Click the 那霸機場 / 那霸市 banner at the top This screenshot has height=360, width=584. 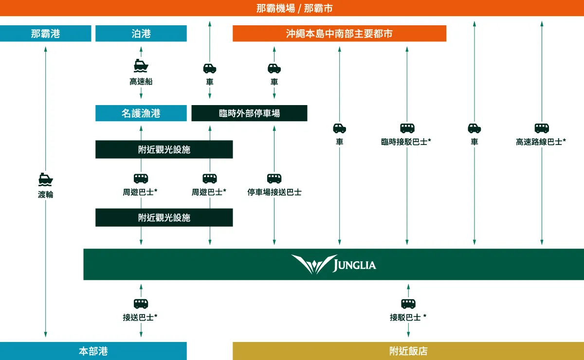click(292, 8)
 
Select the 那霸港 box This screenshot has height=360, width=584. click(45, 34)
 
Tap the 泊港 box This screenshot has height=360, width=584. click(141, 34)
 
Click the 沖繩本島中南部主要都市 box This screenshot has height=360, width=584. click(339, 34)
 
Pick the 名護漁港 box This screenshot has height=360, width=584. click(141, 113)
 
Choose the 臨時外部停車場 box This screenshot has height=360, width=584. click(249, 113)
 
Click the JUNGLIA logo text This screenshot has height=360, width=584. click(355, 265)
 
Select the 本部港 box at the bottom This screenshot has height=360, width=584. click(93, 351)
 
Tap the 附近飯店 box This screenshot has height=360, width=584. click(408, 351)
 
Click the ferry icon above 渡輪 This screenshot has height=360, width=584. click(46, 179)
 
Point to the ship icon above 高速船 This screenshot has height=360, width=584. click(141, 66)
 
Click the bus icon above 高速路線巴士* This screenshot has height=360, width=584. click(542, 128)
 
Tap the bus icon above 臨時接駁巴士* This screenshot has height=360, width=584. click(407, 128)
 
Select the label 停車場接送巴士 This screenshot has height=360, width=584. click(274, 192)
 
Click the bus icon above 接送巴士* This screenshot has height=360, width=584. click(141, 304)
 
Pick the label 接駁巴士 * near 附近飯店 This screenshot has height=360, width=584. click(408, 317)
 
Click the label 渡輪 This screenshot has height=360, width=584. click(46, 195)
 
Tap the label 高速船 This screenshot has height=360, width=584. click(141, 81)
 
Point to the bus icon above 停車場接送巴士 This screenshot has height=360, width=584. click(274, 179)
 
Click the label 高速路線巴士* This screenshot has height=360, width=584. click(541, 142)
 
